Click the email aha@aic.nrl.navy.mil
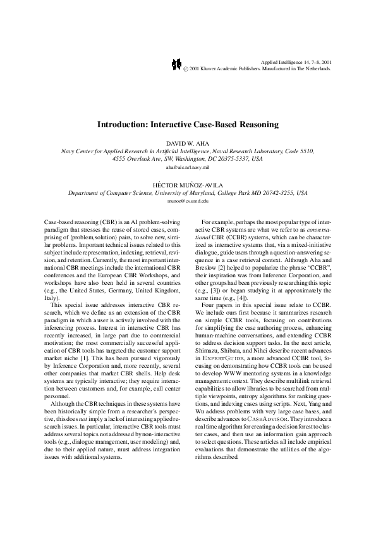coord(188,168)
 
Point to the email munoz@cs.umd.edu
coord(188,199)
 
